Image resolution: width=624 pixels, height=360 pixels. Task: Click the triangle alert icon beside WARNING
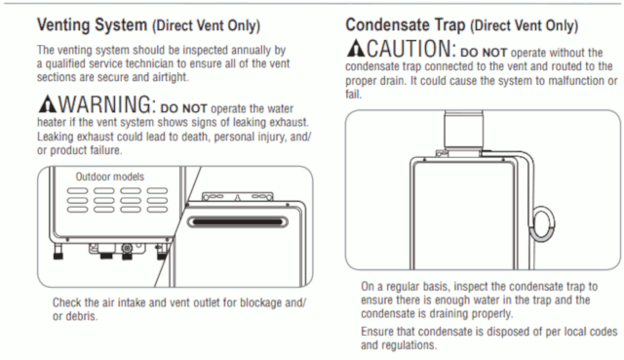(x=47, y=106)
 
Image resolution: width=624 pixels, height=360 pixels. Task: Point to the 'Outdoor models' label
(x=109, y=176)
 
